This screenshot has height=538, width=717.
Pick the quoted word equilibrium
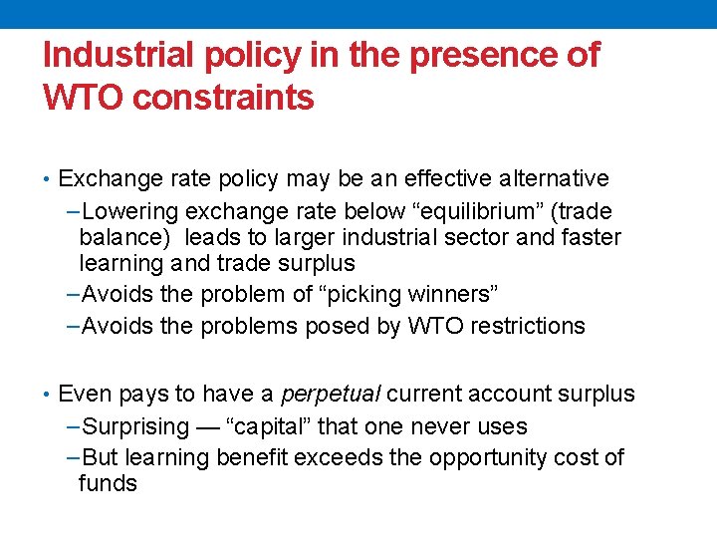[x=458, y=212]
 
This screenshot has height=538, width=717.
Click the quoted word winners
[x=448, y=295]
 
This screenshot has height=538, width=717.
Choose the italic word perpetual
[x=326, y=395]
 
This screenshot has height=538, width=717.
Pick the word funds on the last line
[x=108, y=484]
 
